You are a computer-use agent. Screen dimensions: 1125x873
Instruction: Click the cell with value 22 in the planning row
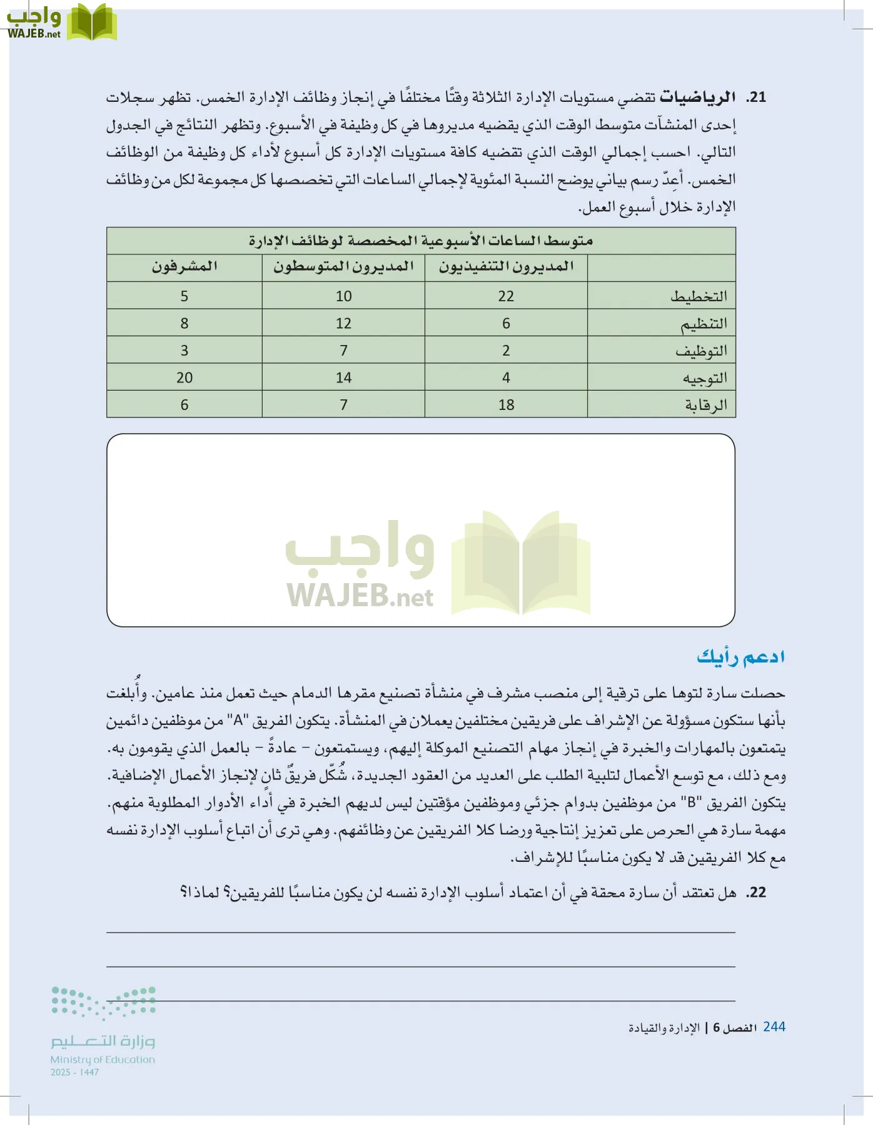point(506,296)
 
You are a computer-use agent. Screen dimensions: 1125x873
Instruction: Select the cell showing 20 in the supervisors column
point(184,377)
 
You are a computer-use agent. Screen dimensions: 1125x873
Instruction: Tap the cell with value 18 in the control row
point(506,405)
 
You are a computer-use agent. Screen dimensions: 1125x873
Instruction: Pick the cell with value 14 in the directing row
point(343,377)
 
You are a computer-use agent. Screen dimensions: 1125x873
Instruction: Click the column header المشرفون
point(184,267)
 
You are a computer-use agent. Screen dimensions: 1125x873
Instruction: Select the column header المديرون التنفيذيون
point(506,267)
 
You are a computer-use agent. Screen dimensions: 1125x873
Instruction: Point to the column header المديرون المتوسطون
point(343,267)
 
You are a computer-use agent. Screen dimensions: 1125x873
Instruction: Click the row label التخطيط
point(699,296)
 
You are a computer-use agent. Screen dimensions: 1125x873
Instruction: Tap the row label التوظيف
point(701,351)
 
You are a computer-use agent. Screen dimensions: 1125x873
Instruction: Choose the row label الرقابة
point(706,405)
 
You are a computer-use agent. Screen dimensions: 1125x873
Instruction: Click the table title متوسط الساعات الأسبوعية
point(421,241)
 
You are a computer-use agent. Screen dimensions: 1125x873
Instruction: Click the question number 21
point(756,97)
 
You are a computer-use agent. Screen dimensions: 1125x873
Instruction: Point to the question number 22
point(756,892)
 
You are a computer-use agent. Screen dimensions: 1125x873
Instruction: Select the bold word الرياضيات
point(697,97)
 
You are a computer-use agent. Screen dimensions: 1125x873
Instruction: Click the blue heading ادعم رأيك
point(741,657)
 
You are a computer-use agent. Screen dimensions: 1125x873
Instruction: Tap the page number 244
point(774,1027)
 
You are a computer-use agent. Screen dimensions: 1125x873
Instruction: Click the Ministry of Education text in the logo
point(103,1059)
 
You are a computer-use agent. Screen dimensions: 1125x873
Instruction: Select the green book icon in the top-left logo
point(92,22)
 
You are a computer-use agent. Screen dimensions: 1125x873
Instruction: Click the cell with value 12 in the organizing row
point(343,324)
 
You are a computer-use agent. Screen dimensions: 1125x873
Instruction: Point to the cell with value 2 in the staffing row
point(506,351)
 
